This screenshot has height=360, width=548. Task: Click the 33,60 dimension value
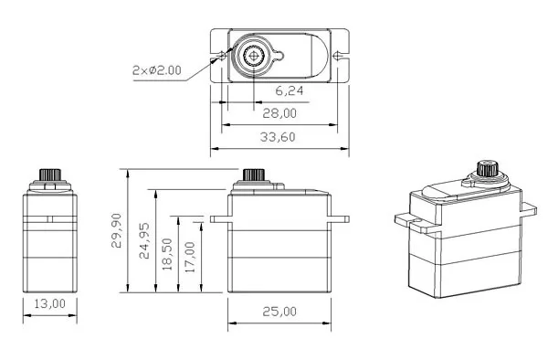click(278, 137)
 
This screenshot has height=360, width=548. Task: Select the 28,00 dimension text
click(279, 113)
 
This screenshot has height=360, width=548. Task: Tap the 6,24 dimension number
click(289, 91)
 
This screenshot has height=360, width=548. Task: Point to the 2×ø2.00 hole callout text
click(157, 70)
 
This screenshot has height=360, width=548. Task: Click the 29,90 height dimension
click(116, 230)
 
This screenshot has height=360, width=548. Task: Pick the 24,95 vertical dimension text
click(144, 241)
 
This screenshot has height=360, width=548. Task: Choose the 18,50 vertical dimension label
click(167, 254)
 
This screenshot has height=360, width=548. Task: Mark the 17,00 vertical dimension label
click(190, 258)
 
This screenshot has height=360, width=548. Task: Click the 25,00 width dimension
click(279, 312)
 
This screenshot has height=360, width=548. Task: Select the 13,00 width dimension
click(49, 303)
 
